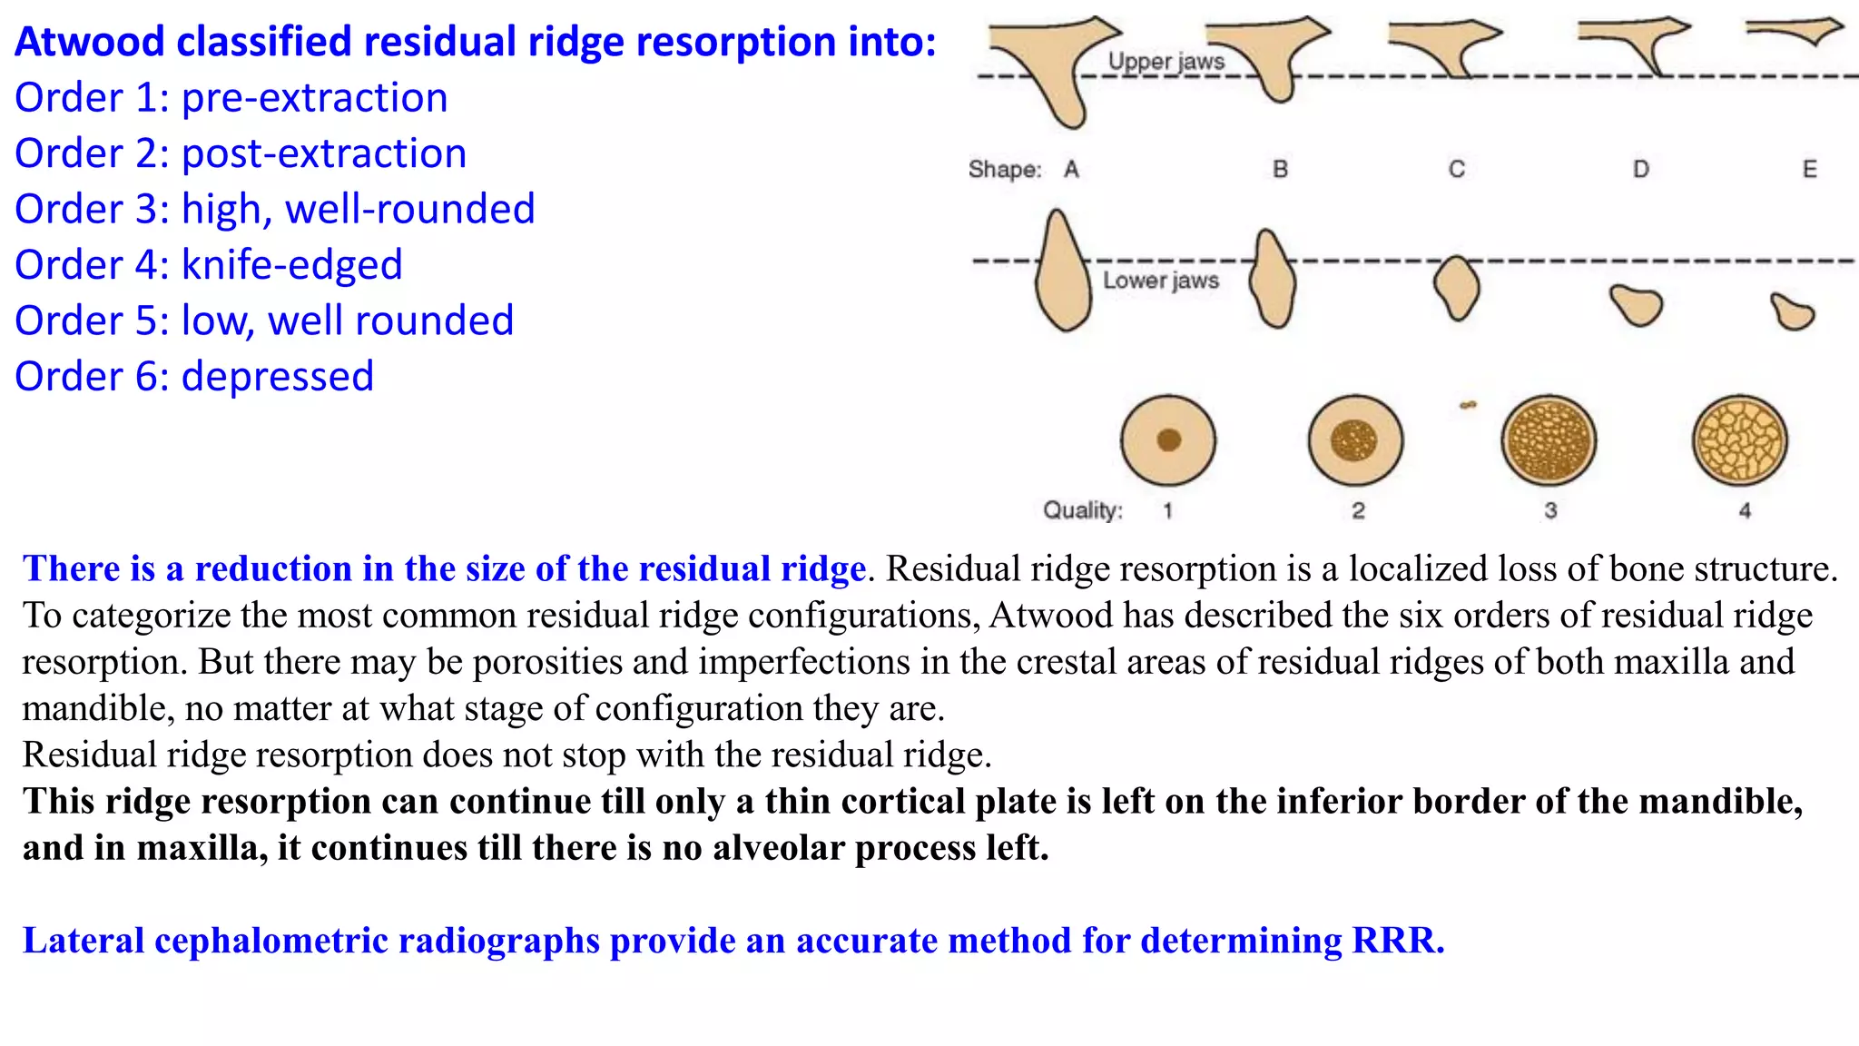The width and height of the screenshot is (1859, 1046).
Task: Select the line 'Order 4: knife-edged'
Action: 208,265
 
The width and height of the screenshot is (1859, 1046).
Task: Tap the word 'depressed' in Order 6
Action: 277,377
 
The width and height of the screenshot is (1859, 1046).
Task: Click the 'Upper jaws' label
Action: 1166,62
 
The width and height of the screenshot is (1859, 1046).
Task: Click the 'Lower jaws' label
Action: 1160,281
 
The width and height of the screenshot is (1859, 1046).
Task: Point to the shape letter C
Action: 1456,170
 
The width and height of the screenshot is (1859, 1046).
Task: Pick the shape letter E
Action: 1809,170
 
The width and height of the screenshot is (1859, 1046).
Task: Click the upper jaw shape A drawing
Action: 1053,64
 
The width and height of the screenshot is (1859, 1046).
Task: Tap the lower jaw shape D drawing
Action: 1637,305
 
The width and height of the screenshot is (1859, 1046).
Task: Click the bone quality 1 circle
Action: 1168,440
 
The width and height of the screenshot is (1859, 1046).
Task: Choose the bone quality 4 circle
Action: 1739,440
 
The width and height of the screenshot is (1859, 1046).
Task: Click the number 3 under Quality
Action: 1550,511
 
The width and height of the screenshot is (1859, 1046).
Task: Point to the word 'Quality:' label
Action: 1082,511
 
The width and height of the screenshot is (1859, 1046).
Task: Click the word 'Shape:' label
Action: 1004,170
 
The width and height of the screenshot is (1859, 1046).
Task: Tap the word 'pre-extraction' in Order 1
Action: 314,98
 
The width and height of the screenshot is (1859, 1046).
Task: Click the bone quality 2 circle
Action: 1355,440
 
